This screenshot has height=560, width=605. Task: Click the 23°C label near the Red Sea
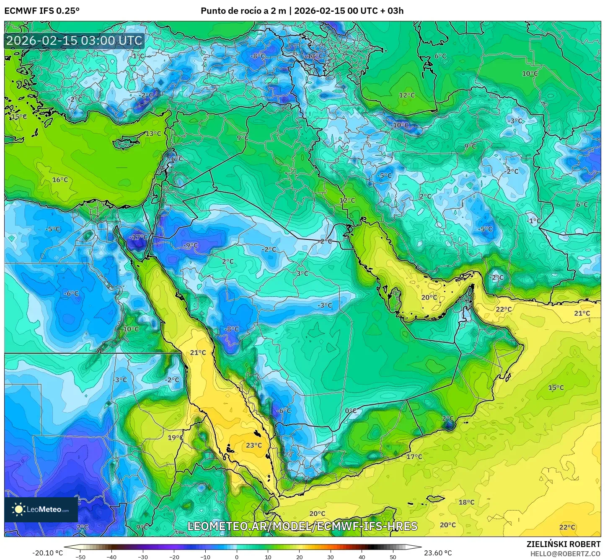point(254,445)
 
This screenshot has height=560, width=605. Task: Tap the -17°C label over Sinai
point(138,237)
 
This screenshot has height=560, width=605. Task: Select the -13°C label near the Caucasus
point(314,56)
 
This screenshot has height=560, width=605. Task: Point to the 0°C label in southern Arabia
point(351,411)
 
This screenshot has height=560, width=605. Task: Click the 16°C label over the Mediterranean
point(60,180)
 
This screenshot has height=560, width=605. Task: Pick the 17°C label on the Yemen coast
point(414,457)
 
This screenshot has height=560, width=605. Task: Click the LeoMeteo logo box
point(41,509)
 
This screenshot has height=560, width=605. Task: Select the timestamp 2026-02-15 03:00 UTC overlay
point(74,41)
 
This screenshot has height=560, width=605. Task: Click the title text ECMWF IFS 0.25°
point(42,11)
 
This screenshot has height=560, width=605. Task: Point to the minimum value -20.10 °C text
point(47,553)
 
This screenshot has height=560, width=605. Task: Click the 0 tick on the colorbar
point(237,557)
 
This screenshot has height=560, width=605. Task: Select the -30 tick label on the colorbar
point(143,557)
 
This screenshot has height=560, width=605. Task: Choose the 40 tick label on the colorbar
point(362,557)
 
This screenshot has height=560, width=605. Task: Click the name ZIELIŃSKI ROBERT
point(564,544)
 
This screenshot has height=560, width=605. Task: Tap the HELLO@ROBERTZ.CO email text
point(565,554)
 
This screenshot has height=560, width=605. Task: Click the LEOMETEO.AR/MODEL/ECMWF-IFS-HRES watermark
point(302,526)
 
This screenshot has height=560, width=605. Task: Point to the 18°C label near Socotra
point(466,502)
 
